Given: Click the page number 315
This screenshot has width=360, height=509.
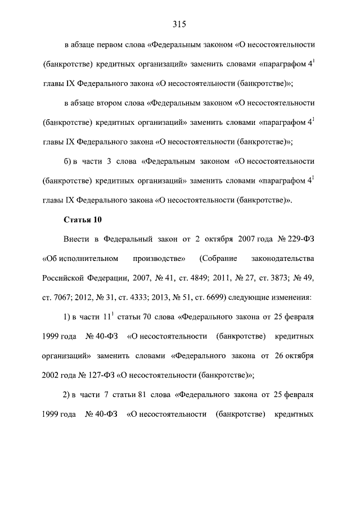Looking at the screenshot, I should (179, 24).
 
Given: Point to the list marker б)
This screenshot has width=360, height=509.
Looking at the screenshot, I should (69, 161).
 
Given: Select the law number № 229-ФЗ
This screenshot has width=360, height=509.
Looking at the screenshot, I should (296, 239).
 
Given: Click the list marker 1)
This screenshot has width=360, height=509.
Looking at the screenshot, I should (68, 317).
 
